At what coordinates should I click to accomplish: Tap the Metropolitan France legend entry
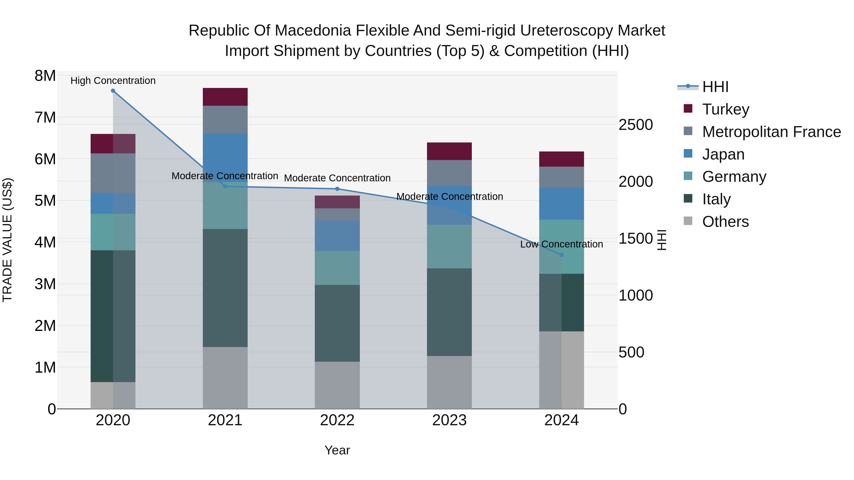coord(771,132)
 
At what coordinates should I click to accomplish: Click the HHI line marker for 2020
coord(113,91)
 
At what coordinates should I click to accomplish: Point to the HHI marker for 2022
coord(337,189)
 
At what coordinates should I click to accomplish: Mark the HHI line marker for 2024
coord(562,255)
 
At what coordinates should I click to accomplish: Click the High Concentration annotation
coord(113,81)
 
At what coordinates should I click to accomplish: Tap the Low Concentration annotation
coord(561,244)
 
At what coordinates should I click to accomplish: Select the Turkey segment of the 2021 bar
coord(225,97)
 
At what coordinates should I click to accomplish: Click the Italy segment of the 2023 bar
coord(449,312)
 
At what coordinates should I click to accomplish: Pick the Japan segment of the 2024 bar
coord(562,203)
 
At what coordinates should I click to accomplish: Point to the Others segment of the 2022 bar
coord(337,385)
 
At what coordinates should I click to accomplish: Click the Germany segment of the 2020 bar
coord(113,232)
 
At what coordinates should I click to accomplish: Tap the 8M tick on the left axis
coord(45,76)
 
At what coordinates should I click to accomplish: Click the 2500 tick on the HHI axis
coord(636,125)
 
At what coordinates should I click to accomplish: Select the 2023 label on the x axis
coord(449,420)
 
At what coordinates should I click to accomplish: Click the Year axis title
coord(337,450)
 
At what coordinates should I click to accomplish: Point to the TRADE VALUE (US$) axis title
coord(7,240)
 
